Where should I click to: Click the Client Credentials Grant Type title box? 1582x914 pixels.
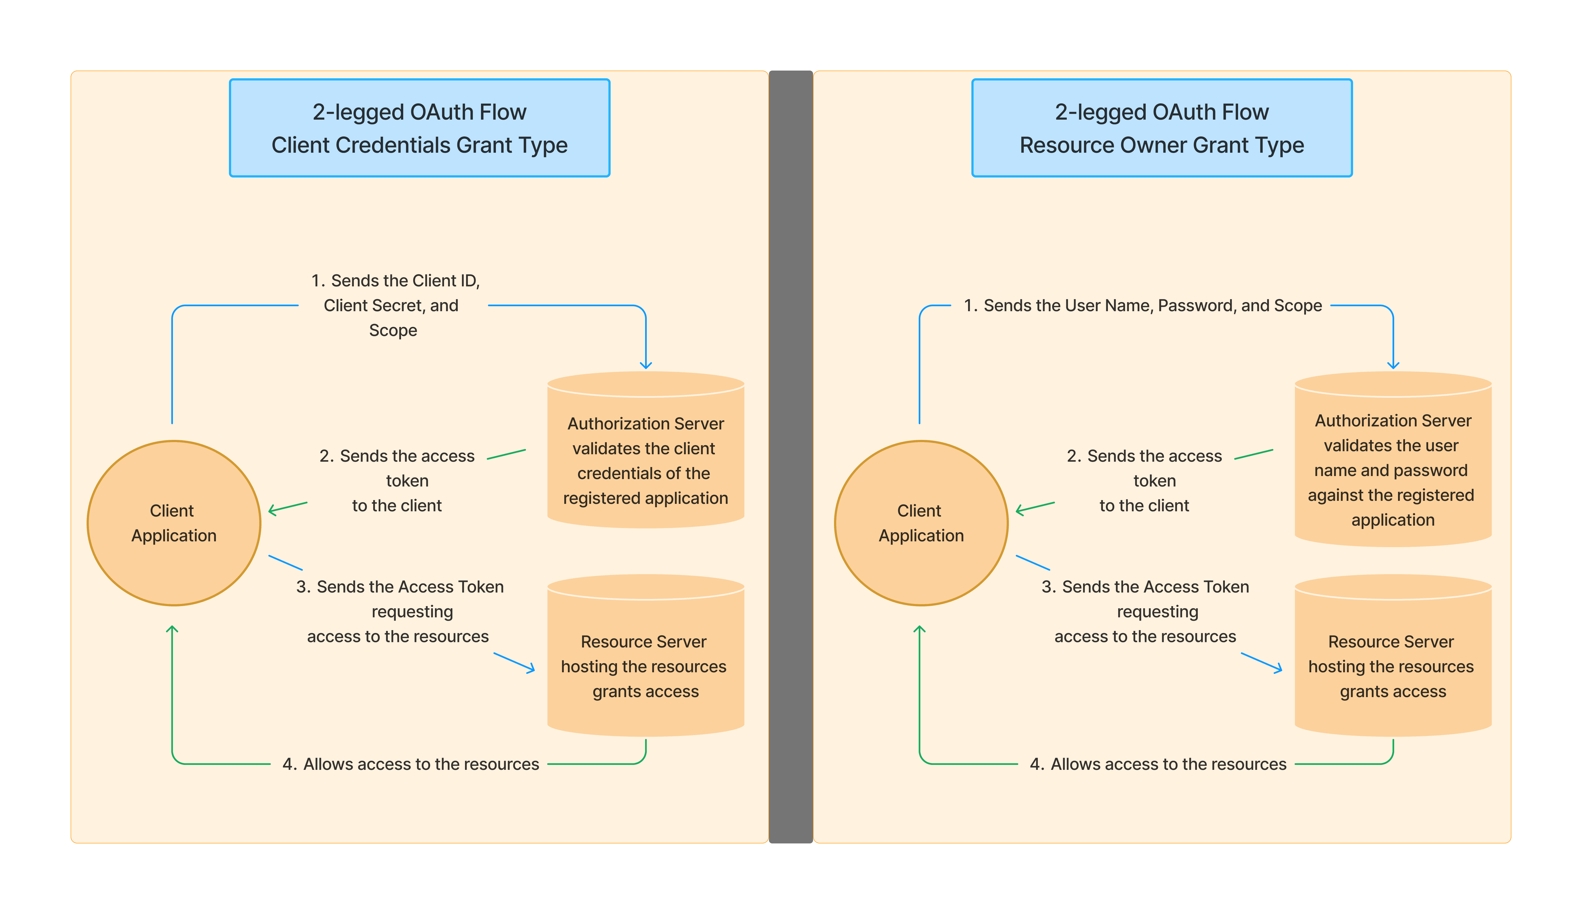[x=419, y=128]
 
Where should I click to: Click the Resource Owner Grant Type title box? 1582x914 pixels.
[x=1161, y=128]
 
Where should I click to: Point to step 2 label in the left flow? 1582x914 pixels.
[x=397, y=480]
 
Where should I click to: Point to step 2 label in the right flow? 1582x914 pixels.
[x=1144, y=480]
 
